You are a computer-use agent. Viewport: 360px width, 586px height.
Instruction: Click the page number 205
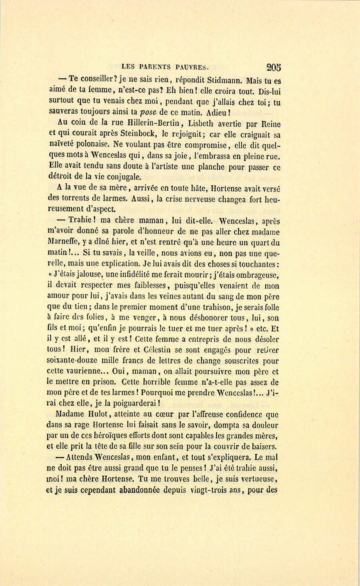(272, 67)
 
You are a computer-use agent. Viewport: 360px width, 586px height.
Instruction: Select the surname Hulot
(94, 415)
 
